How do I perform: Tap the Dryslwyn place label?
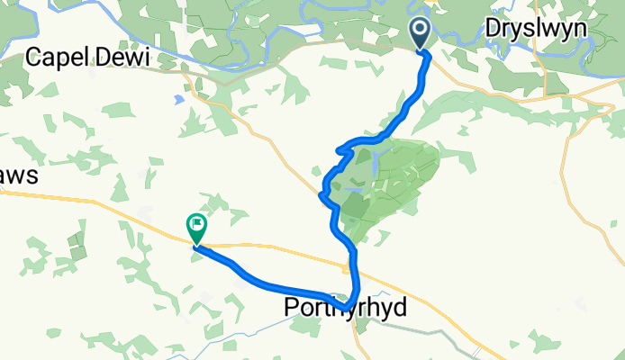point(536,29)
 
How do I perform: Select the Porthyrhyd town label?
point(345,308)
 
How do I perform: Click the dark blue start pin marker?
point(421,34)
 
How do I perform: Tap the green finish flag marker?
point(196,228)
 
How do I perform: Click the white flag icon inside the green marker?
point(196,224)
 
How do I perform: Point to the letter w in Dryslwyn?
point(555,29)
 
